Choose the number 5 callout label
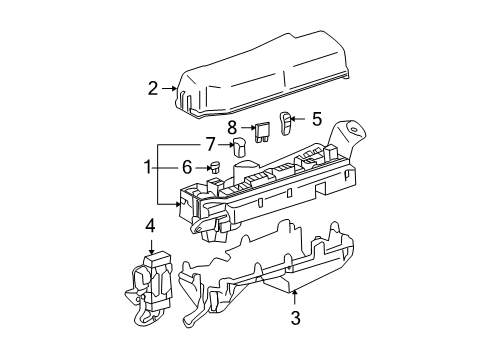pyautogui.click(x=316, y=119)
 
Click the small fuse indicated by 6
pyautogui.click(x=214, y=168)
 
